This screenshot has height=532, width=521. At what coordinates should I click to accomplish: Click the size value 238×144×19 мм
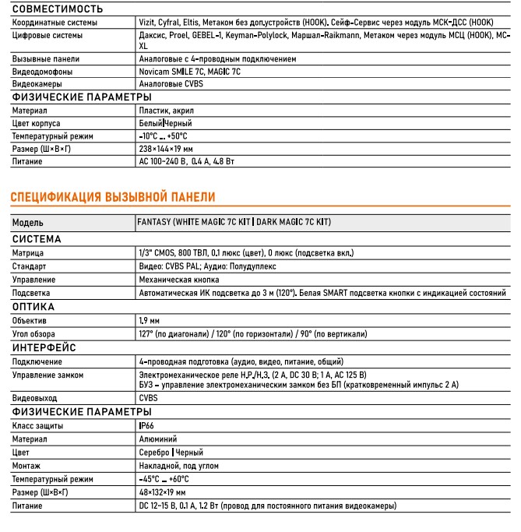pos(166,149)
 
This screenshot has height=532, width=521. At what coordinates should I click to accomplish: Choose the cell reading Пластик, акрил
pos(162,111)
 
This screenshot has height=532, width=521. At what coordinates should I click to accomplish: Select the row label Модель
pos(28,223)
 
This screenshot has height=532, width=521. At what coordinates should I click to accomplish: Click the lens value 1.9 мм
pos(149,320)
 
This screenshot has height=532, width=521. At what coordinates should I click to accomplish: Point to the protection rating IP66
pos(146,426)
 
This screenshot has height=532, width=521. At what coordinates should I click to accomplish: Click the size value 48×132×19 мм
pos(162,492)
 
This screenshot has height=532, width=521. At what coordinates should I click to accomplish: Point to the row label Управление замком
pos(48,375)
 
